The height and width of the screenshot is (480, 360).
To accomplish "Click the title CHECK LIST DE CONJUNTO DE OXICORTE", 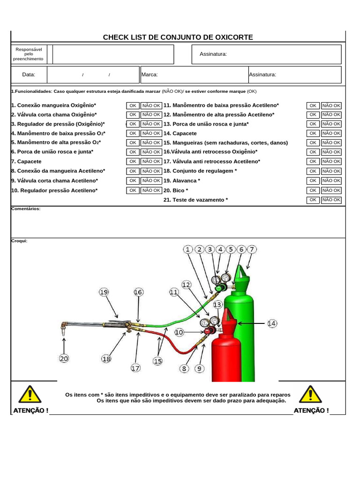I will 178,37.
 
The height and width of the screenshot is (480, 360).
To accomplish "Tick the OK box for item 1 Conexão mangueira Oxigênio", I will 133,105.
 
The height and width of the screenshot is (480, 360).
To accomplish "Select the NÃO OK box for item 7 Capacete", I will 151,161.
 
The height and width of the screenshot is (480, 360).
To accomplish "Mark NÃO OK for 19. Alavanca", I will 331,180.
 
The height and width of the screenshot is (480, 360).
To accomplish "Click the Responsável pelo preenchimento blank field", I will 113,54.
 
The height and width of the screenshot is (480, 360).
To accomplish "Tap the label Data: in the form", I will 29,75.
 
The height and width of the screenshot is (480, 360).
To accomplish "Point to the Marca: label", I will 150,75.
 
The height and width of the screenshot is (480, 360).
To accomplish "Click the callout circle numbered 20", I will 64,359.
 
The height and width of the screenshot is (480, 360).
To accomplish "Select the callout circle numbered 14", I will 272,323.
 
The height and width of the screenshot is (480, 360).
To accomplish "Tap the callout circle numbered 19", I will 104,292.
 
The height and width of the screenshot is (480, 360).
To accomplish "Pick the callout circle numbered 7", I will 252,249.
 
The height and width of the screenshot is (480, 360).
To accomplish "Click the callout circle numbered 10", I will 179,332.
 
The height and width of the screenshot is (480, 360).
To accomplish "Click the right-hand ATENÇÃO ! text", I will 311,411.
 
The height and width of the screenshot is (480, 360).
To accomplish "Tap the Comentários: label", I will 26,209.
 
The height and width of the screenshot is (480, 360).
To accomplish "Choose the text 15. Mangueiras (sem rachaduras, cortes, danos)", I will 225,142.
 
